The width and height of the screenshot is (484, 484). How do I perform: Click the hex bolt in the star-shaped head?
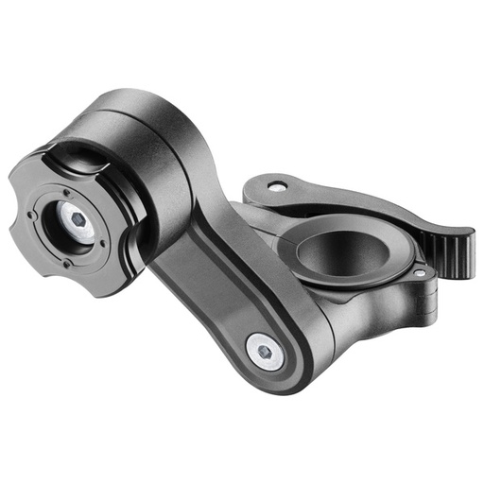coord(78,223)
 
